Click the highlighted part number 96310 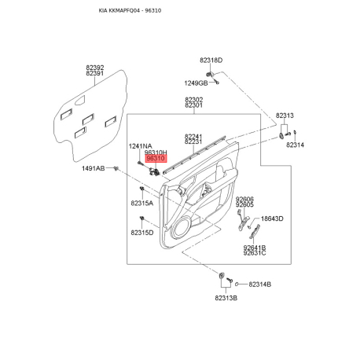[156, 158]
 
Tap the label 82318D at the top [211, 61]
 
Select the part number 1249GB [196, 83]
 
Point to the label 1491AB [94, 168]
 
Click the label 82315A [142, 203]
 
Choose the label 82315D [142, 233]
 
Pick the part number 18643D [272, 219]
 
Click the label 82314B [260, 285]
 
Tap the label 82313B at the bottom [226, 298]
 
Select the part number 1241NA [140, 146]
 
